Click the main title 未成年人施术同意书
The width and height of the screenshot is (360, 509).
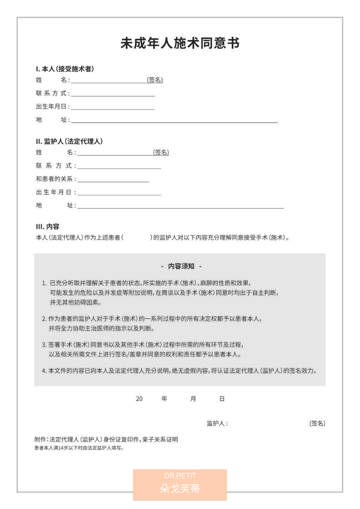[x=180, y=43]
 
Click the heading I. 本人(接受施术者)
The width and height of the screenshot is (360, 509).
[x=65, y=69]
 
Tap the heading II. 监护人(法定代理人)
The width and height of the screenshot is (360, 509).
[x=69, y=141]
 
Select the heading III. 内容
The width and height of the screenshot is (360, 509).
[x=47, y=226]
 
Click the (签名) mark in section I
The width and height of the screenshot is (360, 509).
[x=155, y=80]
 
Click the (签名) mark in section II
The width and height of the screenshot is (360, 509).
[x=161, y=152]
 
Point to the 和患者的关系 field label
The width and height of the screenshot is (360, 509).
[x=55, y=179]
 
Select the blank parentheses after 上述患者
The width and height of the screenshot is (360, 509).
[x=136, y=237]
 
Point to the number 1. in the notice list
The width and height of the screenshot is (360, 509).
[x=44, y=283]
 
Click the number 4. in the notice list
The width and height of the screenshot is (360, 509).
[x=44, y=371]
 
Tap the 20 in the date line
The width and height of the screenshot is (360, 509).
[x=139, y=399]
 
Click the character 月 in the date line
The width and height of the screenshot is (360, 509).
[x=193, y=399]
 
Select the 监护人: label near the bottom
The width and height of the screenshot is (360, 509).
[x=217, y=423]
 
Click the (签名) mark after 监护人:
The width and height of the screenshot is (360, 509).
[x=317, y=423]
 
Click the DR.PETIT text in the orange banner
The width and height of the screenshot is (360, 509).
[x=180, y=476]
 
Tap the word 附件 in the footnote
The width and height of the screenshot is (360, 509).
[x=40, y=440]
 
